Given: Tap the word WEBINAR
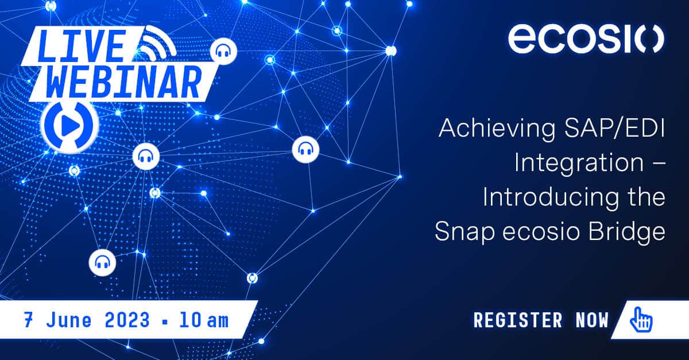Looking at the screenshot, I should (x=123, y=82).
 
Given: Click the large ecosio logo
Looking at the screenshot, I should (x=586, y=39).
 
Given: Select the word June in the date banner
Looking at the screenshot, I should (x=63, y=319).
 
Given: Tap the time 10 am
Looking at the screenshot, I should (x=203, y=319).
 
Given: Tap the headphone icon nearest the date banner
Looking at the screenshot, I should (x=102, y=262).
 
